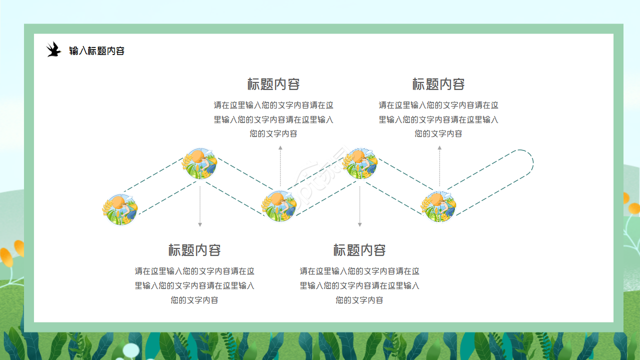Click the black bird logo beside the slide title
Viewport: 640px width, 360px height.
pos(53,49)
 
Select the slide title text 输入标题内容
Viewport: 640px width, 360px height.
pos(96,51)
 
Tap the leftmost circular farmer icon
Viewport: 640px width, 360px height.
pos(120,209)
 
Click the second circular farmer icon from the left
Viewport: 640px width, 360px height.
pos(200,163)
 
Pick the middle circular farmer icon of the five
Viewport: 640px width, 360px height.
pos(280,205)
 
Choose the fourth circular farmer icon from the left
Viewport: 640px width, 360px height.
pos(360,163)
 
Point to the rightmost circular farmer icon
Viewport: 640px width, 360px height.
pos(439,205)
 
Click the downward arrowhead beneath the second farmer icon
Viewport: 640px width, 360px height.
pos(200,225)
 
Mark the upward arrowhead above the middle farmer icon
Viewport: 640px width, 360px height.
pos(280,148)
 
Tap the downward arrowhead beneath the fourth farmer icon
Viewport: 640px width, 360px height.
pos(359,225)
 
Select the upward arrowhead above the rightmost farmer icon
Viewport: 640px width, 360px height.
pos(439,148)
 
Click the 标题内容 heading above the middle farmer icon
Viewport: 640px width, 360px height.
pos(273,84)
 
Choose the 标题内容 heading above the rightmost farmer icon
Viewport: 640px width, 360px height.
pos(438,84)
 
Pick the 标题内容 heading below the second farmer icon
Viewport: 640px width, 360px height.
pos(194,250)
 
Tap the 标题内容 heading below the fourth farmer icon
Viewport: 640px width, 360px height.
pos(359,250)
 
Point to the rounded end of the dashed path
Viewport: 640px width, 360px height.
pos(532,163)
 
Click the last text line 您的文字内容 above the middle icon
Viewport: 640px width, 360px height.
pos(273,134)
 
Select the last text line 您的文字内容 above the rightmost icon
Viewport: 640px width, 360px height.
pos(438,134)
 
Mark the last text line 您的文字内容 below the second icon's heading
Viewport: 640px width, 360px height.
pos(194,300)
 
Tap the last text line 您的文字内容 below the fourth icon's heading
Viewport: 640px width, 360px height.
pos(359,300)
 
